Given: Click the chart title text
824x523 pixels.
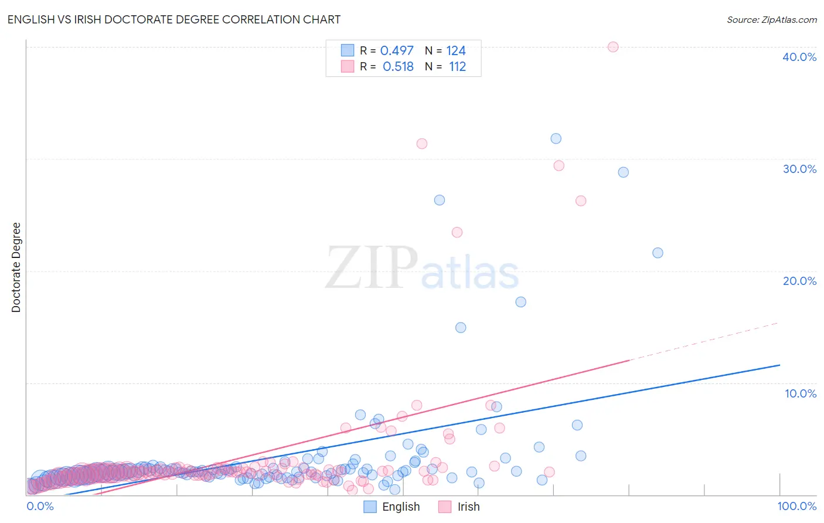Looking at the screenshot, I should (174, 19).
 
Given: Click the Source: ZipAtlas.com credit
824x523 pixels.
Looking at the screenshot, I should (771, 19).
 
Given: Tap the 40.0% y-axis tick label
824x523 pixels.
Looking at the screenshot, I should (799, 57).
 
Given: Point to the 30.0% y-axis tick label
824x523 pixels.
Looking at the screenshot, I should (799, 169).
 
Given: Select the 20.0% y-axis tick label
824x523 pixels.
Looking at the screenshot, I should (799, 281).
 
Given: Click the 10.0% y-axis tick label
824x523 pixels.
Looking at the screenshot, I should (800, 393).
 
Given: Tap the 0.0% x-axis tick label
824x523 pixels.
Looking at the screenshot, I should (40, 506).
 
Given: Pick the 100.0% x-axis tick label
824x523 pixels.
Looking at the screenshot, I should (796, 506).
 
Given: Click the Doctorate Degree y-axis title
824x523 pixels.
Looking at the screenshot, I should (16, 267).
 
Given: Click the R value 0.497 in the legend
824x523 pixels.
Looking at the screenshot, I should (397, 51).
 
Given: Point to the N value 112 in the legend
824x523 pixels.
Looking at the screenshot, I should (457, 66).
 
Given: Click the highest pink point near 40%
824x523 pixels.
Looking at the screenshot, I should (613, 47).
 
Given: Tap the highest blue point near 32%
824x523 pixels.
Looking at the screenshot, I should (556, 138).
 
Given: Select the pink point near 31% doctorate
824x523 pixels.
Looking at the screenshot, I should (422, 144).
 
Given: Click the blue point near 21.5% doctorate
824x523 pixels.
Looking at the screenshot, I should (658, 253).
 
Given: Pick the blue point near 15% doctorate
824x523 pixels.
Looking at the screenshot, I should (461, 328).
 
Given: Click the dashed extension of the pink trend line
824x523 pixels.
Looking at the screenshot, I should (703, 342).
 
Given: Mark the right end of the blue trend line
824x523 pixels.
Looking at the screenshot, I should (779, 365).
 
